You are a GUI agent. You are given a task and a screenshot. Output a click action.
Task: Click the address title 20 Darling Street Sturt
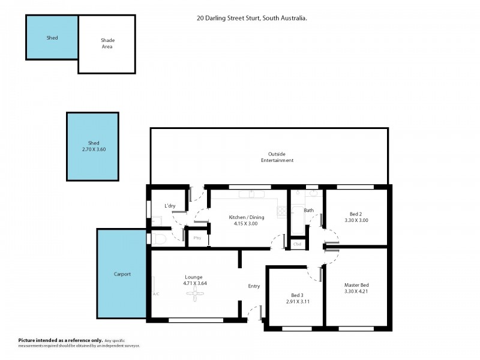tap(252, 19)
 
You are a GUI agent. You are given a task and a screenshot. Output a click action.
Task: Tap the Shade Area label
tap(107, 44)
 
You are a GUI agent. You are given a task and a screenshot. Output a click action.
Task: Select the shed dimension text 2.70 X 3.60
tap(93, 149)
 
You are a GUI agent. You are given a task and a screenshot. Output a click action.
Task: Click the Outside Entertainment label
tap(277, 157)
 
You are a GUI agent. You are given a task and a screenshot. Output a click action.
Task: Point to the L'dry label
tap(170, 206)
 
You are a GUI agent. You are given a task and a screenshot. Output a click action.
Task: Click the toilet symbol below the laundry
tap(158, 239)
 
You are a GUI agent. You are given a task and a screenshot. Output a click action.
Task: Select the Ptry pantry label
tap(197, 238)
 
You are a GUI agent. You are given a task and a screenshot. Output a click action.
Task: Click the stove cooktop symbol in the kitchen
tap(281, 211)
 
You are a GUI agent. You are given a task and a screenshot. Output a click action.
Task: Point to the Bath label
tap(309, 211)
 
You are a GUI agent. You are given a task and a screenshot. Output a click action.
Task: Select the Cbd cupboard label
tap(297, 244)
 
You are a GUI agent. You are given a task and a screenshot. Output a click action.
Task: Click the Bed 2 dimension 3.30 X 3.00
tap(355, 220)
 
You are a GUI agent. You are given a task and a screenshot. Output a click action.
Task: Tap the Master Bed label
tap(356, 284)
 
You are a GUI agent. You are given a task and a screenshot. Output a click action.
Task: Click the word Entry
tap(254, 286)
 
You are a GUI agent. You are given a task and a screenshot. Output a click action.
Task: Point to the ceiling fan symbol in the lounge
tap(195, 293)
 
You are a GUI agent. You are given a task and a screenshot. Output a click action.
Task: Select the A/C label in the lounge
tap(156, 294)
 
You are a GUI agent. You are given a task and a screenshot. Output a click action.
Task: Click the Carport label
tap(122, 274)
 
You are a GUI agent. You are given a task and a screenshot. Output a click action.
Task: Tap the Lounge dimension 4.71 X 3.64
tap(195, 283)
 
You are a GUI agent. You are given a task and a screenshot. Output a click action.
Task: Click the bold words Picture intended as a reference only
tap(60, 340)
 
